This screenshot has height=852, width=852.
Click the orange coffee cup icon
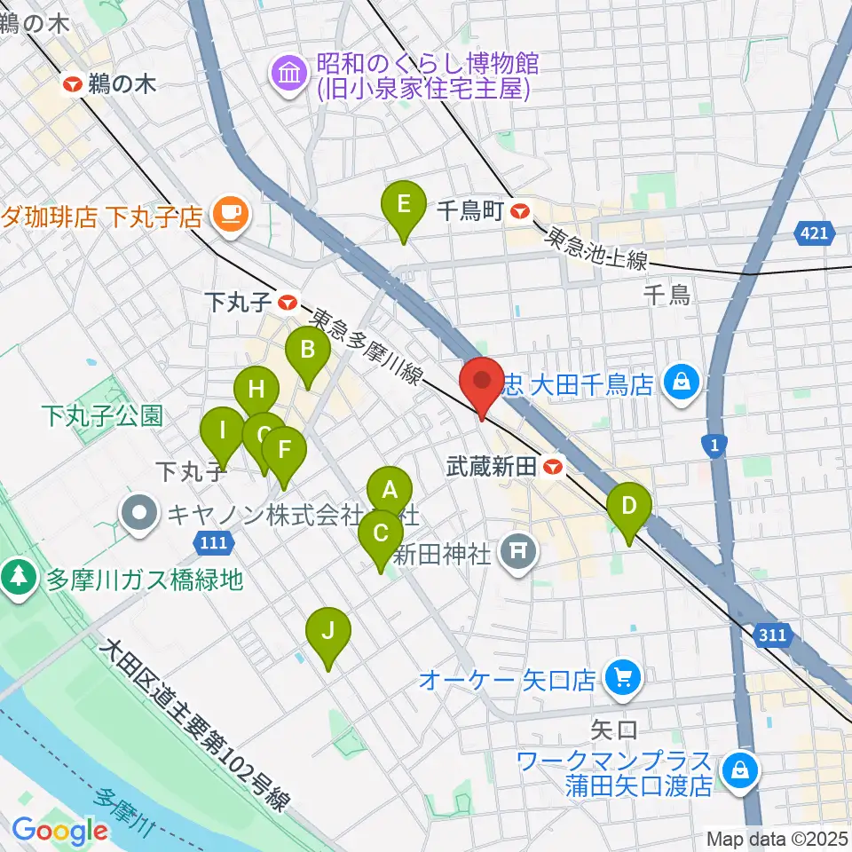click(x=231, y=216)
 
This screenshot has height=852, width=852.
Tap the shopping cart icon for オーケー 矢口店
click(x=622, y=680)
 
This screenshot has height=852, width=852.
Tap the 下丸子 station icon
click(x=287, y=303)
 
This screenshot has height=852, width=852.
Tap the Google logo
click(x=59, y=830)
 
